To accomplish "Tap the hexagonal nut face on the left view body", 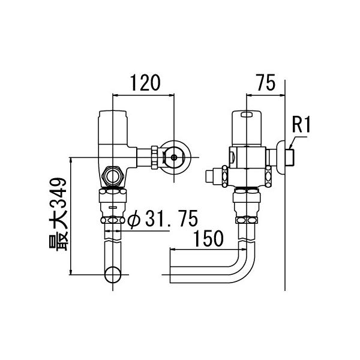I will point(113,176).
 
